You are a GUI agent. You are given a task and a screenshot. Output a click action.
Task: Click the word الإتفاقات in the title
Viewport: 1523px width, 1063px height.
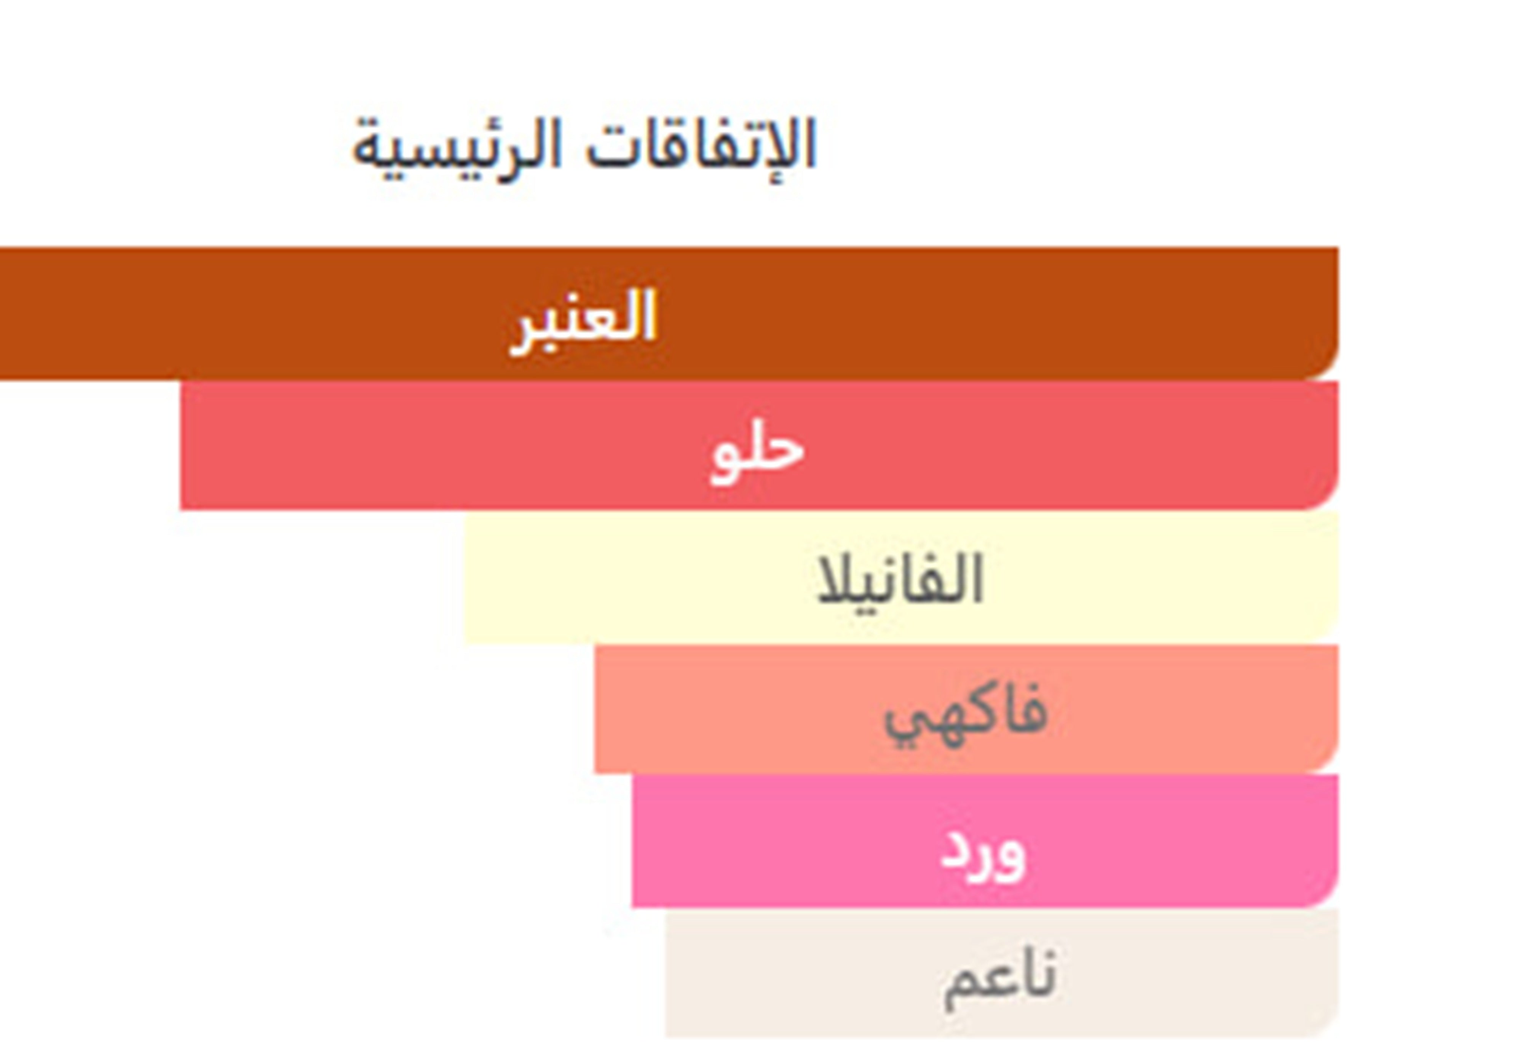point(701,145)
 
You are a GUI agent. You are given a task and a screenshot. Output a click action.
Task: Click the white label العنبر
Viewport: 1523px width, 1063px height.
point(583,322)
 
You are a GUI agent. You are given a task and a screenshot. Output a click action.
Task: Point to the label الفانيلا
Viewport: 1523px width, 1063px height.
point(900,579)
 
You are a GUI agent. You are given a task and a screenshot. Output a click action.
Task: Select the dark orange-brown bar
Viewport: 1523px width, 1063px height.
point(669,313)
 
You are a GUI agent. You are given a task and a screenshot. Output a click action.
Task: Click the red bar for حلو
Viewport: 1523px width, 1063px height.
point(759,445)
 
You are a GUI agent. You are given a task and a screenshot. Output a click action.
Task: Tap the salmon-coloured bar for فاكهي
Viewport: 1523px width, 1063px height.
point(966,709)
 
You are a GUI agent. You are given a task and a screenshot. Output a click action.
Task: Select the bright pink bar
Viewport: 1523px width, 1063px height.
point(985,841)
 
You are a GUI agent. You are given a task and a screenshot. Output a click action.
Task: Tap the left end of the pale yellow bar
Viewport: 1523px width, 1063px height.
point(465,577)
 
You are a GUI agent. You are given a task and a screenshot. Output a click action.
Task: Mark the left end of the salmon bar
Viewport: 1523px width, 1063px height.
point(595,709)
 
